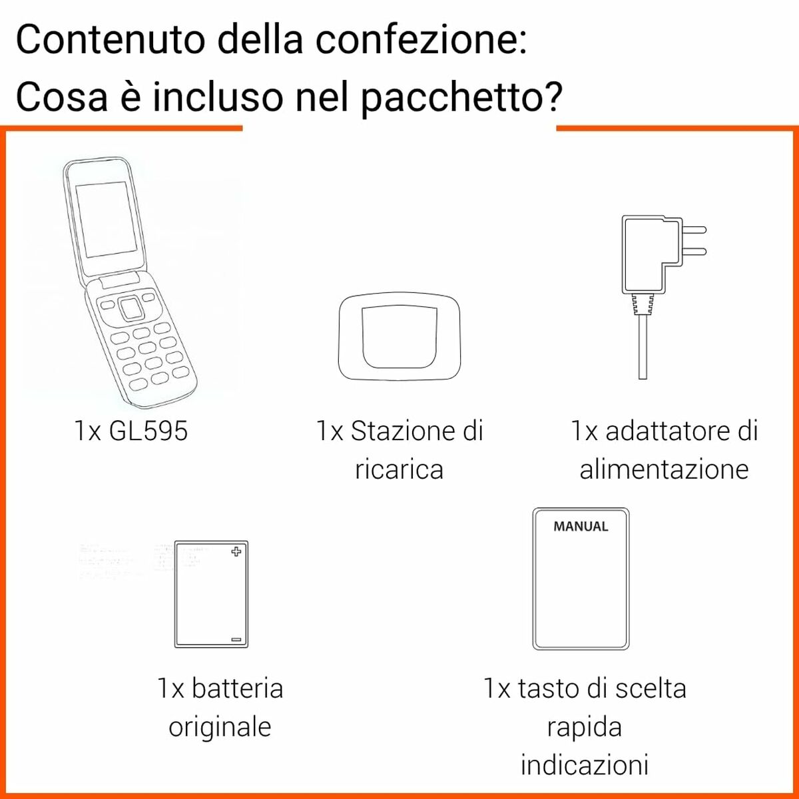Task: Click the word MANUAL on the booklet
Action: tap(581, 527)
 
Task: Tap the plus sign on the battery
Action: tap(236, 551)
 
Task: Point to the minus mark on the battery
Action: tap(236, 639)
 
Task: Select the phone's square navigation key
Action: tap(131, 308)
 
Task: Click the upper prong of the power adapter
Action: tap(694, 230)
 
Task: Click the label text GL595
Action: tap(148, 431)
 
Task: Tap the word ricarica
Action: tap(399, 469)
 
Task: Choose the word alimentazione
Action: tap(664, 469)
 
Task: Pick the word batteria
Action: tap(237, 688)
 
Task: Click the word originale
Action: tap(220, 726)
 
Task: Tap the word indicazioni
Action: tap(584, 764)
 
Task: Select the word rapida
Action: tap(584, 726)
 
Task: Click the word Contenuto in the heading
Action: tap(111, 40)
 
